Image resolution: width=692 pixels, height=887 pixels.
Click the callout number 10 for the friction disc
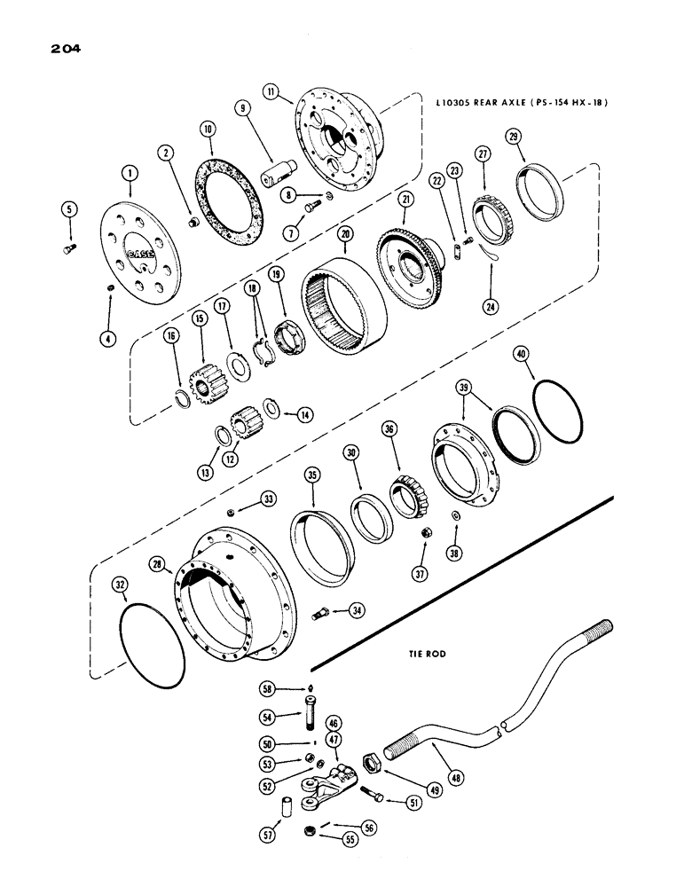pyautogui.click(x=208, y=129)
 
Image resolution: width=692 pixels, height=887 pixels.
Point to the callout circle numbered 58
pyautogui.click(x=266, y=687)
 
